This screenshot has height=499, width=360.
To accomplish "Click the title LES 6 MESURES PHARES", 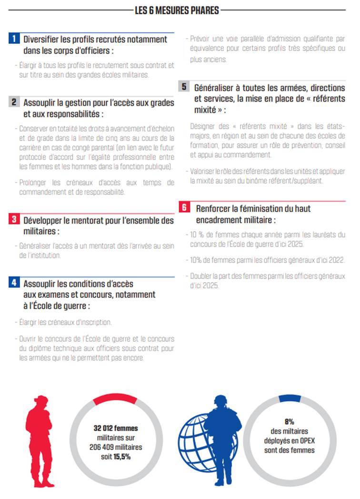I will (x=177, y=10).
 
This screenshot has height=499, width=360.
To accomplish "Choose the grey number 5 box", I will (x=184, y=87).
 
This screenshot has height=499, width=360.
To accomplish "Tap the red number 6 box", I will (x=184, y=208).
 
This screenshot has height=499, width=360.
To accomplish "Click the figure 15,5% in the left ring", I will (x=121, y=456).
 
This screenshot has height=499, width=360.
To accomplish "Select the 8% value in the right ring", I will (x=290, y=422).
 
